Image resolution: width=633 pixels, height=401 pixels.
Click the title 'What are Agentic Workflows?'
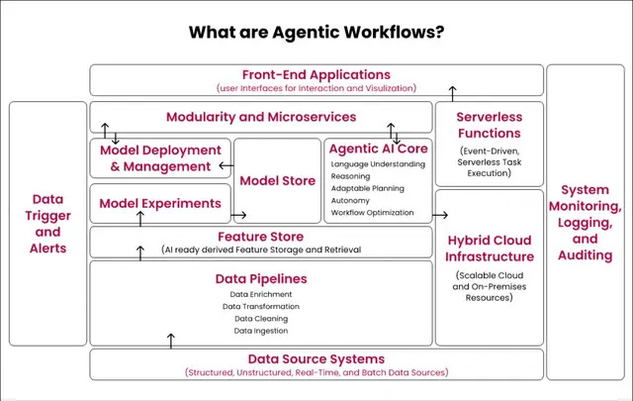point(316,32)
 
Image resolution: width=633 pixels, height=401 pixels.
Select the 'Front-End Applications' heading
point(316,74)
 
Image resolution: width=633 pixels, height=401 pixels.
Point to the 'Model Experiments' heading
point(160,203)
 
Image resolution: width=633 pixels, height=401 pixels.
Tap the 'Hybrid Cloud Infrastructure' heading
point(489,248)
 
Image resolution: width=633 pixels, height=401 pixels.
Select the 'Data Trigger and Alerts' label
point(46,224)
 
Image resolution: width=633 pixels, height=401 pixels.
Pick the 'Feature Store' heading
point(261,237)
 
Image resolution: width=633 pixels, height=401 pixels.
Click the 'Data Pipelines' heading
point(261,278)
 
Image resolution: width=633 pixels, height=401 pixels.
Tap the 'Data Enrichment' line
point(261,294)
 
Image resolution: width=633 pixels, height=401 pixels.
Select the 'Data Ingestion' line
point(261,330)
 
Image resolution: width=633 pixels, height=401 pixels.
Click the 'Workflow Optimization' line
point(372,212)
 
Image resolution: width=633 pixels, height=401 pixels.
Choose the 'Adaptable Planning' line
point(369,187)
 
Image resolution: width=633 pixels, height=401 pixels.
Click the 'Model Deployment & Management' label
point(160,158)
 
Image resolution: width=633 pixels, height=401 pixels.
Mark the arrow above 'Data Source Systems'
point(170,341)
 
